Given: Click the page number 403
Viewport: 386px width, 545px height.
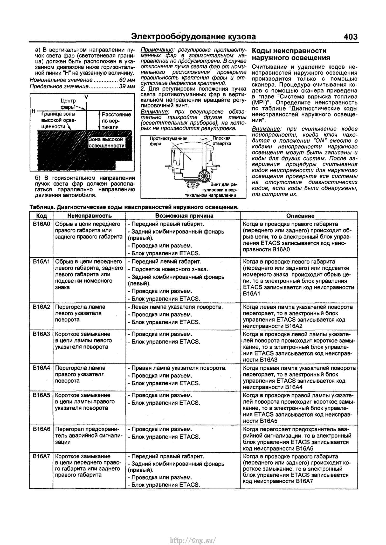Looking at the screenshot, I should (350, 37).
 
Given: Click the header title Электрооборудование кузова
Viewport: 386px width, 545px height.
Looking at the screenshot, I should (193, 37).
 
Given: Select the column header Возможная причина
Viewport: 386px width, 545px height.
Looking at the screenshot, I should (184, 216).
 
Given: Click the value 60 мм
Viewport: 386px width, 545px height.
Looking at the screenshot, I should (127, 80).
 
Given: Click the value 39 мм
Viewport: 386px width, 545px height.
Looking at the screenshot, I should (127, 86).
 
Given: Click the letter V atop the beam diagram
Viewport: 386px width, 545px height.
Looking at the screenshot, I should (86, 97).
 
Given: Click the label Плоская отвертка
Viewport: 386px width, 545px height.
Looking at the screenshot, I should (222, 141).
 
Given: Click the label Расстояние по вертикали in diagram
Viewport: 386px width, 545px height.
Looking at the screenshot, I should (115, 121).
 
